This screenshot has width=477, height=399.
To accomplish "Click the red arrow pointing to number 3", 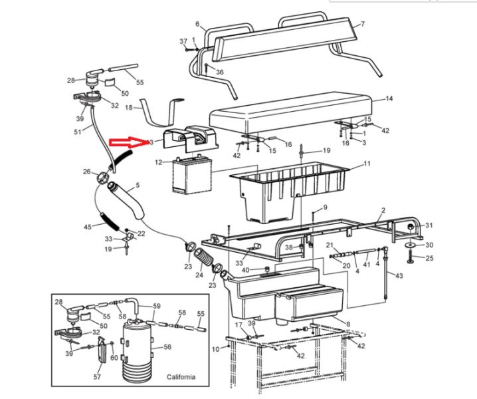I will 128,142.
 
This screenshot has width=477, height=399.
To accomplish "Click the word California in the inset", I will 181,377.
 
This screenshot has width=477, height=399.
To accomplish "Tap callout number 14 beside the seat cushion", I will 389,98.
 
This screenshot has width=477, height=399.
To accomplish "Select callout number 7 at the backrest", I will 363,25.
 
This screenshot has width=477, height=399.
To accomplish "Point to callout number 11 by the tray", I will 367,163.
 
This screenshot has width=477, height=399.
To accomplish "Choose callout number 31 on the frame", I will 429,225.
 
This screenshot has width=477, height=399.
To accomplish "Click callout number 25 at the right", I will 429,258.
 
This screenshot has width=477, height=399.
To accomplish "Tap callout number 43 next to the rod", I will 399,275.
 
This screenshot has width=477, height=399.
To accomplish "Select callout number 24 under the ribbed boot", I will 199,273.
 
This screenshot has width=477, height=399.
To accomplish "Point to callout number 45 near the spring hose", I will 88,227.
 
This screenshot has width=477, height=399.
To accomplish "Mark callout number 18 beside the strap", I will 130,107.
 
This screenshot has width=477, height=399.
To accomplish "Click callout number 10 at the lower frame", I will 215,348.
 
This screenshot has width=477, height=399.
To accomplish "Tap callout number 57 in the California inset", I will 98,376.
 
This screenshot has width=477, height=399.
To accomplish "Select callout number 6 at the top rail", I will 197,24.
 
